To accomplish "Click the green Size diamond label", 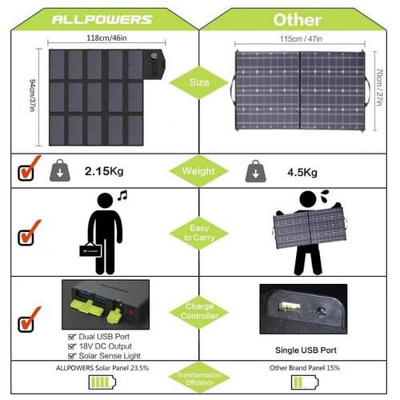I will pos(198,82).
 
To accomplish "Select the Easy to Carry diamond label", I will pos(198,233).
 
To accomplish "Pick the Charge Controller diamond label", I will pos(198,310).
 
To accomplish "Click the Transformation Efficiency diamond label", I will pos(198,378).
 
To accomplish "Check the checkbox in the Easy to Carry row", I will pos(27,237).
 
